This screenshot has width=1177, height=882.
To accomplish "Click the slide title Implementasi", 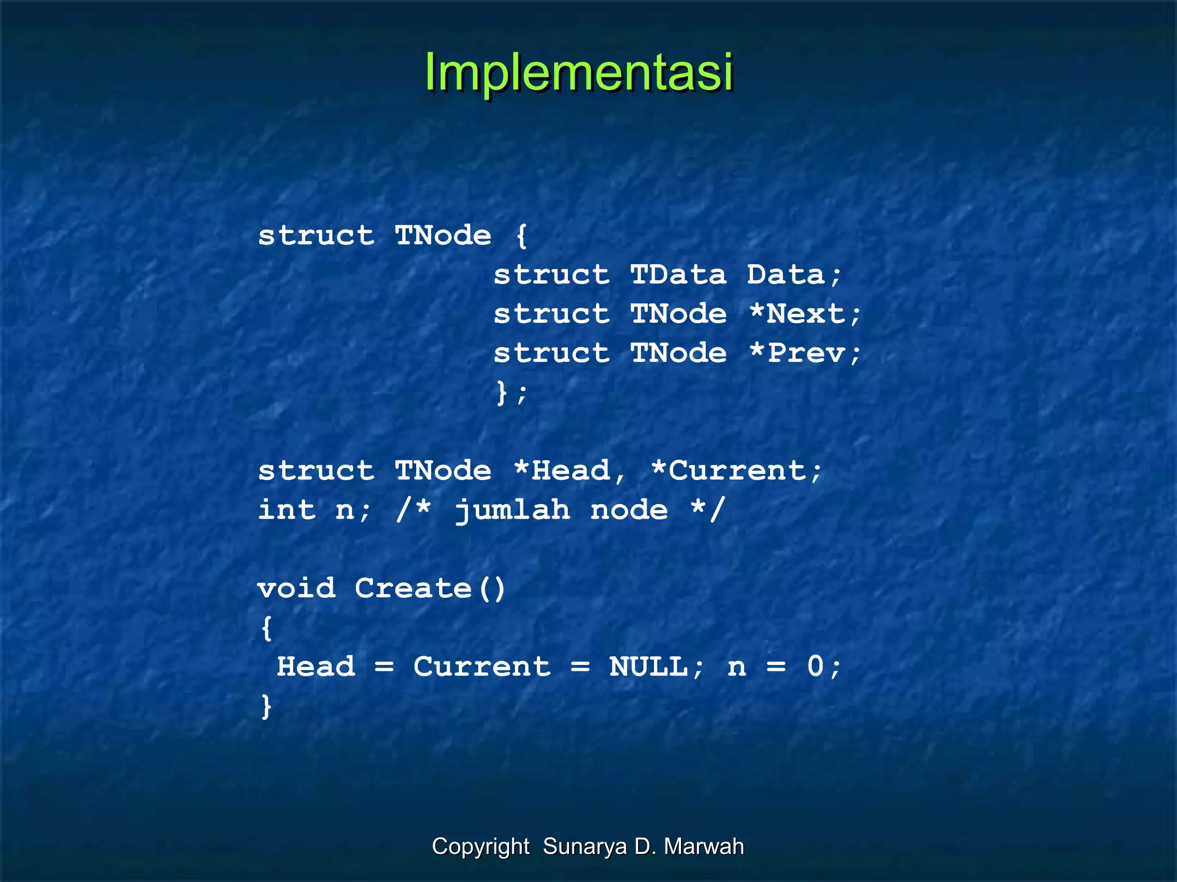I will pyautogui.click(x=579, y=72).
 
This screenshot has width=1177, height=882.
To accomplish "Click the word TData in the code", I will pyautogui.click(x=678, y=275).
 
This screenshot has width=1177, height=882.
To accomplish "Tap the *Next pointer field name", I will pyautogui.click(x=805, y=314).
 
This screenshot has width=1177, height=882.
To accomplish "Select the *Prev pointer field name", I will pyautogui.click(x=805, y=353).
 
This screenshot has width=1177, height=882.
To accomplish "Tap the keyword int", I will pyautogui.click(x=287, y=510).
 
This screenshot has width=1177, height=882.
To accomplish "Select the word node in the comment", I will pyautogui.click(x=629, y=510).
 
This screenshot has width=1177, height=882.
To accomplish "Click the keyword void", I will pyautogui.click(x=297, y=589).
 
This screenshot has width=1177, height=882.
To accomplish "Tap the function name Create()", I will pyautogui.click(x=430, y=589).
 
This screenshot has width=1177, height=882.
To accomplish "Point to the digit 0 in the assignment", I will pyautogui.click(x=816, y=667).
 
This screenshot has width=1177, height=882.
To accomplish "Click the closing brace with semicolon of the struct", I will pyautogui.click(x=511, y=393).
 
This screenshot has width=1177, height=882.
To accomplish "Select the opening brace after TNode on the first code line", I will pyautogui.click(x=521, y=236).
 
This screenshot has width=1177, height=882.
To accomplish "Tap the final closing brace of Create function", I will pyautogui.click(x=266, y=706).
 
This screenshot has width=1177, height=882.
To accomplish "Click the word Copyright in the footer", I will pyautogui.click(x=480, y=846).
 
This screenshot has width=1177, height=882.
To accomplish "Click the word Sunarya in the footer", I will pyautogui.click(x=584, y=846).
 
